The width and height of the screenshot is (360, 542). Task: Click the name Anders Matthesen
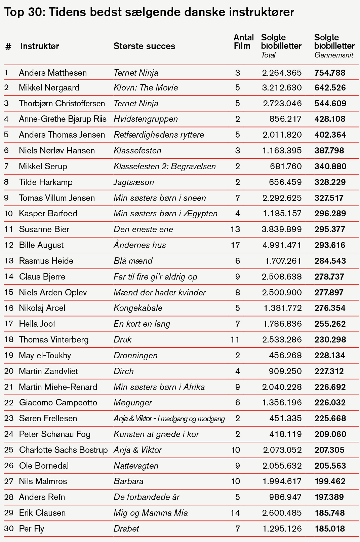point(53,73)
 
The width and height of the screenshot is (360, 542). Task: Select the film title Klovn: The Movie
point(146,88)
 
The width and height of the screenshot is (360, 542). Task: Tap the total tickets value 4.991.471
point(282,245)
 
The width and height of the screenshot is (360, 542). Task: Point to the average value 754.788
point(330,73)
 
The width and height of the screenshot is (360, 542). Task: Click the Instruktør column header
point(40,46)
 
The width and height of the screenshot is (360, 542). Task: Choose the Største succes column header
point(144,46)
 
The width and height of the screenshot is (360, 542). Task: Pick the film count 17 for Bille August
point(235,245)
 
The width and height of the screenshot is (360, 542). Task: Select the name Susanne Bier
point(44,229)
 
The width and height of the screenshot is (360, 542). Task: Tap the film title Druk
point(123,339)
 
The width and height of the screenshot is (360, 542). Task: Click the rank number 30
point(9,529)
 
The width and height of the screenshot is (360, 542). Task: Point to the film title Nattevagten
point(136,466)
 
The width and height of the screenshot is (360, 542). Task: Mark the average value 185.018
point(330,529)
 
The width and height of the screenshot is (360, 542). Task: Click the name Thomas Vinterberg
point(54,339)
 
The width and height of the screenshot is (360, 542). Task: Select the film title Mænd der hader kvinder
point(159,292)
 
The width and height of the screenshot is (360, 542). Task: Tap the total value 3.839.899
point(282,229)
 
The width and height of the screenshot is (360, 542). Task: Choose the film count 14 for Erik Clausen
point(235,513)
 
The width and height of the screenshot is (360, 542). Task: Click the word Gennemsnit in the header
point(334,55)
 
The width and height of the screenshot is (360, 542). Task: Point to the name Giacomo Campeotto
point(58,403)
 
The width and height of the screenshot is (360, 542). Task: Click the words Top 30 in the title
point(24,12)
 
